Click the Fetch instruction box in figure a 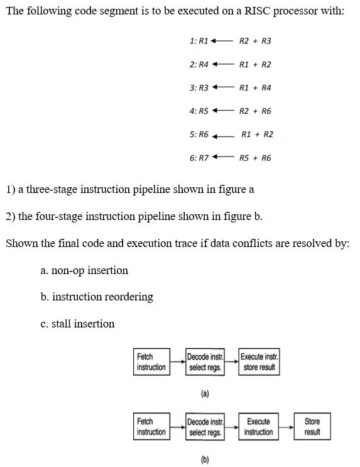tap(151, 362)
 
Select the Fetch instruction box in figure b tap(151, 427)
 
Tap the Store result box tap(312, 427)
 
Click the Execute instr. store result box tap(259, 362)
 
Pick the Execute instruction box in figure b tap(258, 427)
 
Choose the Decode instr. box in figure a tap(205, 362)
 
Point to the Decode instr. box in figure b tap(205, 427)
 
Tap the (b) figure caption tap(205, 459)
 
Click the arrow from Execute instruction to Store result tap(286, 427)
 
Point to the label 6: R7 tap(199, 158)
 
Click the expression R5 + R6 tap(255, 158)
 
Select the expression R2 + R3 tap(255, 41)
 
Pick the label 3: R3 tap(199, 87)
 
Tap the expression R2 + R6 tap(255, 111)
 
